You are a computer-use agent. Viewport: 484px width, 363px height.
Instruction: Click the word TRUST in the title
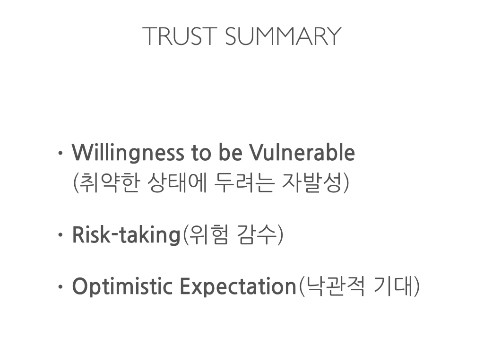180,36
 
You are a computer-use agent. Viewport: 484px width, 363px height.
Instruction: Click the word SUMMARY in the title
283,36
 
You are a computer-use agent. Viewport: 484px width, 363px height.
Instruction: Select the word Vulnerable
302,153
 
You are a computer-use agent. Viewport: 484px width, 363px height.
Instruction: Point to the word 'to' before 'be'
201,154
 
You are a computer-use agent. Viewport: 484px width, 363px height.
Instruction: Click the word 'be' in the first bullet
230,153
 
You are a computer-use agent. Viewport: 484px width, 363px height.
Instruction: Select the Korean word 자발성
312,182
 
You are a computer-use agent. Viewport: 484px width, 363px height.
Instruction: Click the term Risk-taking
126,235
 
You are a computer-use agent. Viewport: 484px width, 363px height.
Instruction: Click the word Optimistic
122,287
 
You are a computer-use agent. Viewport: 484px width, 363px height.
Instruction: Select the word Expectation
238,287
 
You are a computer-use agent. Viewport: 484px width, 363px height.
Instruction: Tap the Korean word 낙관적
334,286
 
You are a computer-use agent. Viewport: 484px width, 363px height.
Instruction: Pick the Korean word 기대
393,286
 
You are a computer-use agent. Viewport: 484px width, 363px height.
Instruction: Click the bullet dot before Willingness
60,153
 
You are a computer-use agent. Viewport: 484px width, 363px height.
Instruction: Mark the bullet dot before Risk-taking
60,235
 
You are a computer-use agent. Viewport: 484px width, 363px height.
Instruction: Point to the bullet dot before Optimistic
60,287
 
